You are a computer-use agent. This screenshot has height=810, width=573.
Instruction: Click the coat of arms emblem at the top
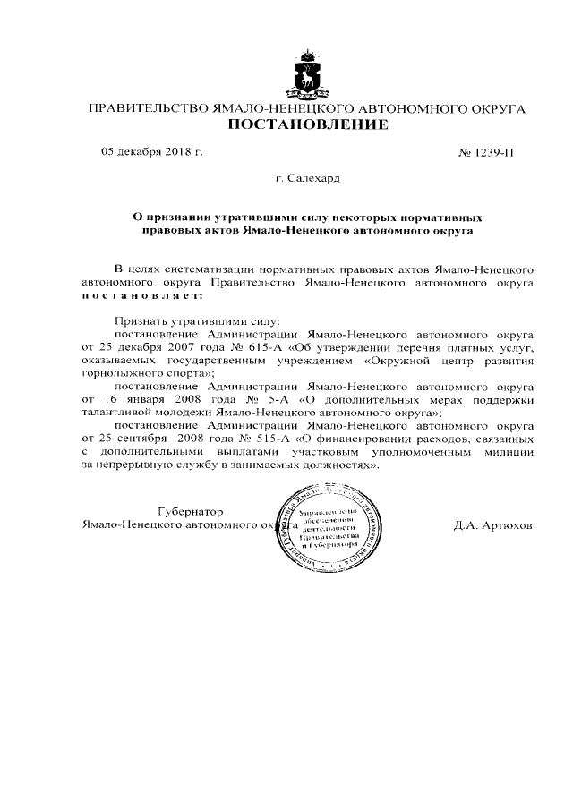click(308, 73)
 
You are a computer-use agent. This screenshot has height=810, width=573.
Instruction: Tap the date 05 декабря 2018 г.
click(151, 151)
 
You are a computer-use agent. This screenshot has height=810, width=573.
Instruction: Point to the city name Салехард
click(313, 179)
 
